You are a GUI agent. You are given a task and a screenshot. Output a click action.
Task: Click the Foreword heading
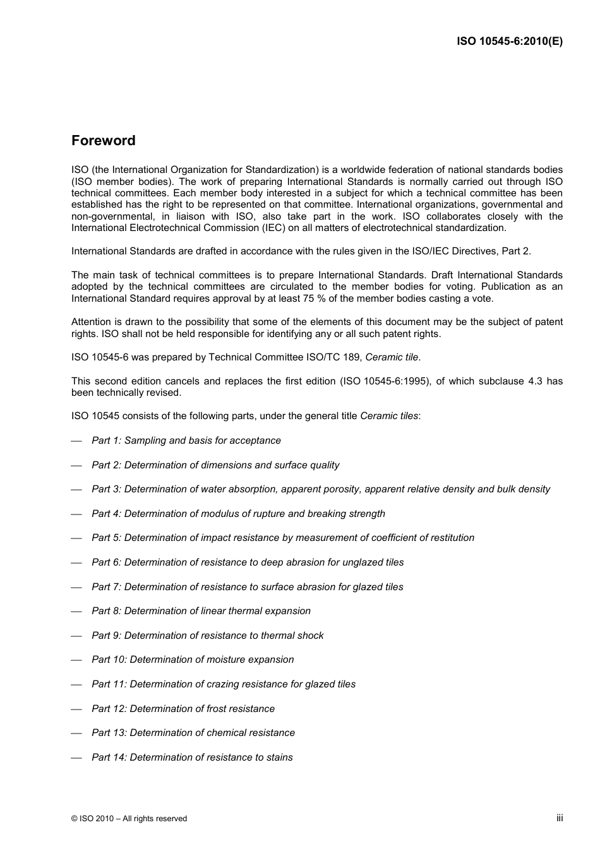click(103, 141)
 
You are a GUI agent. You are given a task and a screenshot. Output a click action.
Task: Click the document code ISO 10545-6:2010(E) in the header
click(509, 42)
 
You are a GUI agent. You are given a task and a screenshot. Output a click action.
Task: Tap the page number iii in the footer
click(560, 817)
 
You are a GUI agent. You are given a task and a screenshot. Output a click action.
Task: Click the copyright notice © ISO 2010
click(129, 819)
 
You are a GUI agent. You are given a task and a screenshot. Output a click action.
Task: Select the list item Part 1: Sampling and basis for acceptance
click(186, 441)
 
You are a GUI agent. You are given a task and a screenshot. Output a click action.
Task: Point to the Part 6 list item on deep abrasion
click(248, 562)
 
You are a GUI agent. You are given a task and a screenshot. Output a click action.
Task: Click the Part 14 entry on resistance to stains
click(192, 757)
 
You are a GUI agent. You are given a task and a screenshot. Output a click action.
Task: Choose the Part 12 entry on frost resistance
click(183, 709)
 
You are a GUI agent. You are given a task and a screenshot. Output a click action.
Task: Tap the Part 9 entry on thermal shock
click(207, 636)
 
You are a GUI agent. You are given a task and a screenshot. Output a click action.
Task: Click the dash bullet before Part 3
click(77, 490)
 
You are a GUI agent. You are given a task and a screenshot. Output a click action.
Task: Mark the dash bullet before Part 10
click(77, 660)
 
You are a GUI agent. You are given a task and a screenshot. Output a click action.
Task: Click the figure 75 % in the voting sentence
click(356, 299)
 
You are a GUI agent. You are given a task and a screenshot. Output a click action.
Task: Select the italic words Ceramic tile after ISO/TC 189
click(392, 357)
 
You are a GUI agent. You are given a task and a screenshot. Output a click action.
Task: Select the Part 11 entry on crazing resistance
click(224, 684)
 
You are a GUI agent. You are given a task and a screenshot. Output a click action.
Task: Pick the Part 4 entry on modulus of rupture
click(238, 514)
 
